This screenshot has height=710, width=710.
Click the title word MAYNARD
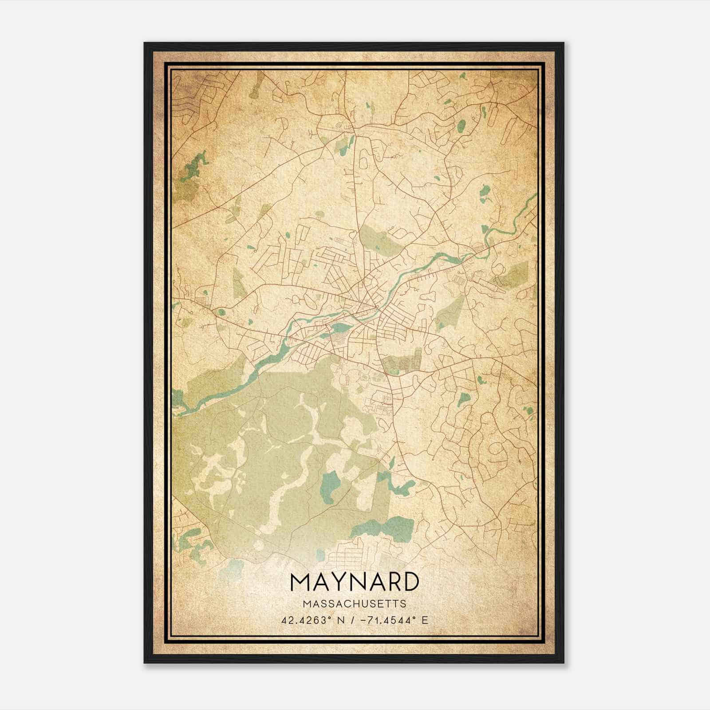click(354, 582)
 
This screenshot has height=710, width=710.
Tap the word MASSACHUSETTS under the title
click(354, 603)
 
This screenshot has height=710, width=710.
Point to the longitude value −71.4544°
click(388, 620)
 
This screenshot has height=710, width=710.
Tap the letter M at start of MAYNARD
click(301, 582)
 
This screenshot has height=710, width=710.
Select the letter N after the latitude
click(341, 620)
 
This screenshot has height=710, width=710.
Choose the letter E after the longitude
click(425, 620)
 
